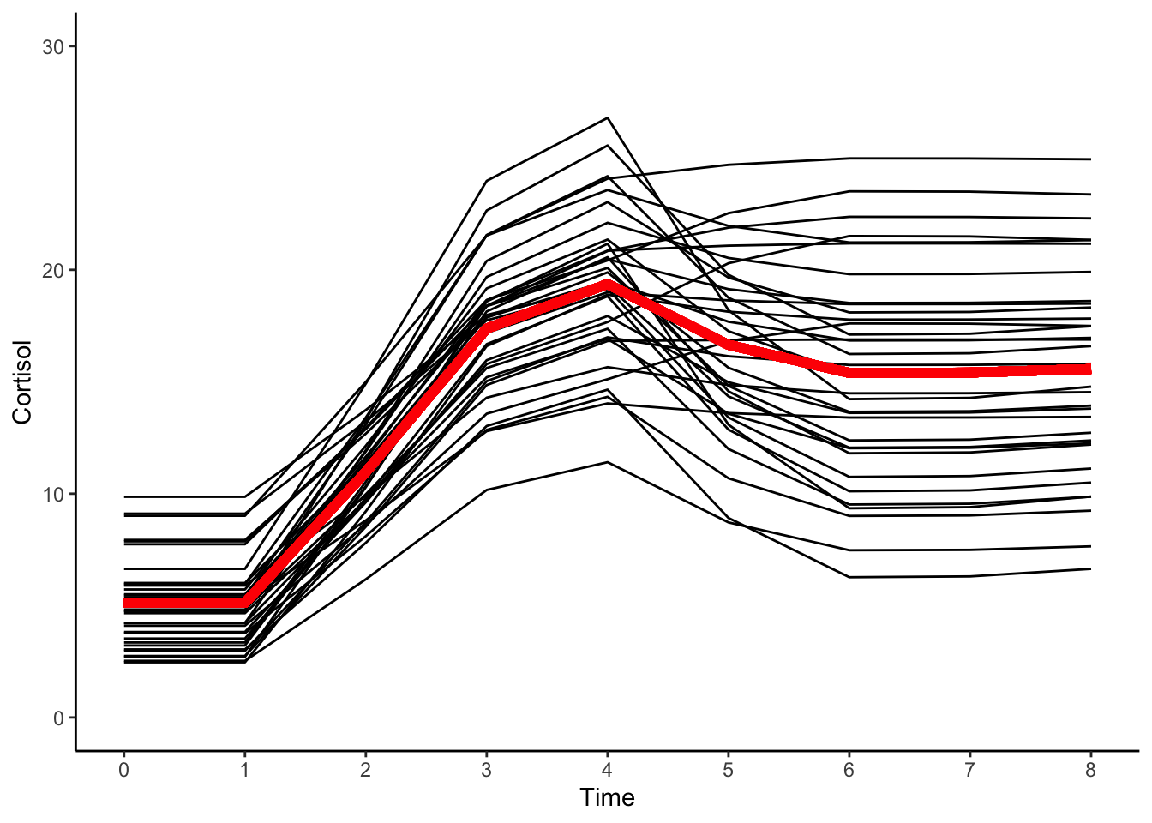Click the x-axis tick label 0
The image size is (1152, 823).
124,770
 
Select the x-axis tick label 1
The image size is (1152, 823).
245,770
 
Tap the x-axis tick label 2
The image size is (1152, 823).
366,770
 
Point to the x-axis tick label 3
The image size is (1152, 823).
487,770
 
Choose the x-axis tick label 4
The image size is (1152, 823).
608,770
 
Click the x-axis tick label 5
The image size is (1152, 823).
729,770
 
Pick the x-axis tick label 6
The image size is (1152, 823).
849,770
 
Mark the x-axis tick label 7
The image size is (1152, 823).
970,770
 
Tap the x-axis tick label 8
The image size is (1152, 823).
1090,770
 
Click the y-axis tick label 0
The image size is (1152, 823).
58,718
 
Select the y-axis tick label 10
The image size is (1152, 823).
53,495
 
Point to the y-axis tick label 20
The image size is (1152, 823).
53,270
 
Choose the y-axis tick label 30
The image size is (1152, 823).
53,46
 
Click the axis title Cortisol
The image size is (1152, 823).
22,382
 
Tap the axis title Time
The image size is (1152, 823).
607,798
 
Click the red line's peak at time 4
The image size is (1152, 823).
608,284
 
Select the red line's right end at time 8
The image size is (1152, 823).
1089,369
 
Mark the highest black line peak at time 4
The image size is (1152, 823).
608,117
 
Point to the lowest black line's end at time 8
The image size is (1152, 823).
1090,568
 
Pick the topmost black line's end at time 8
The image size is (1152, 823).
1090,159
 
